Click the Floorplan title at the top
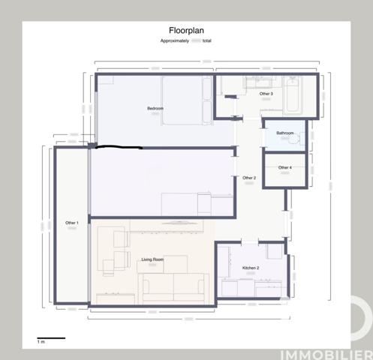[x=186, y=31]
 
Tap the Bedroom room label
[x=155, y=109]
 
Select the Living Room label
[x=152, y=259]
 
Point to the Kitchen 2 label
[x=251, y=268]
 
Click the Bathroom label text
[x=285, y=133]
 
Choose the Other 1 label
[x=72, y=223]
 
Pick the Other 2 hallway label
[x=249, y=178]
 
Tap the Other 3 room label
[x=266, y=94]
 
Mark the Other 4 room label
[x=285, y=167]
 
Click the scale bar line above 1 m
[x=51, y=338]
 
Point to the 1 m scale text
[x=42, y=343]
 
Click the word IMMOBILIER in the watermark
[x=326, y=352]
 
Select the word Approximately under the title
[x=175, y=40]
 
